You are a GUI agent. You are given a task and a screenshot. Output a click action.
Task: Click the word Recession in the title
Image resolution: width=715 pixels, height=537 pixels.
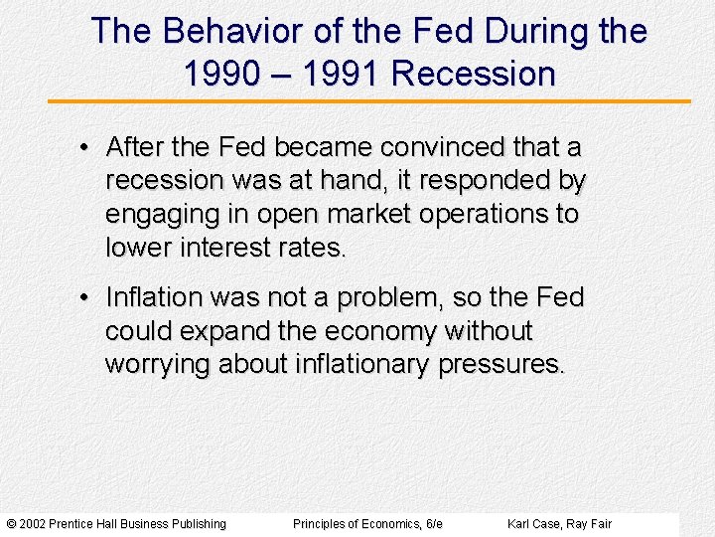pyautogui.click(x=474, y=74)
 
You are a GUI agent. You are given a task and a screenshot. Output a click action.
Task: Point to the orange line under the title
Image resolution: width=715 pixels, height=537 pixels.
pyautogui.click(x=369, y=100)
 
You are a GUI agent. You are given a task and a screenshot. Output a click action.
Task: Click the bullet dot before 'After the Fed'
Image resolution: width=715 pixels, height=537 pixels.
pyautogui.click(x=87, y=148)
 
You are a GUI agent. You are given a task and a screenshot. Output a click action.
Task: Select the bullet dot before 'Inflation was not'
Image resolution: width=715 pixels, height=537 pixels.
pyautogui.click(x=87, y=297)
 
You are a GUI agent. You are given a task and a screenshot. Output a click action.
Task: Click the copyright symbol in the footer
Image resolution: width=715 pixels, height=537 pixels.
pyautogui.click(x=12, y=524)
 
